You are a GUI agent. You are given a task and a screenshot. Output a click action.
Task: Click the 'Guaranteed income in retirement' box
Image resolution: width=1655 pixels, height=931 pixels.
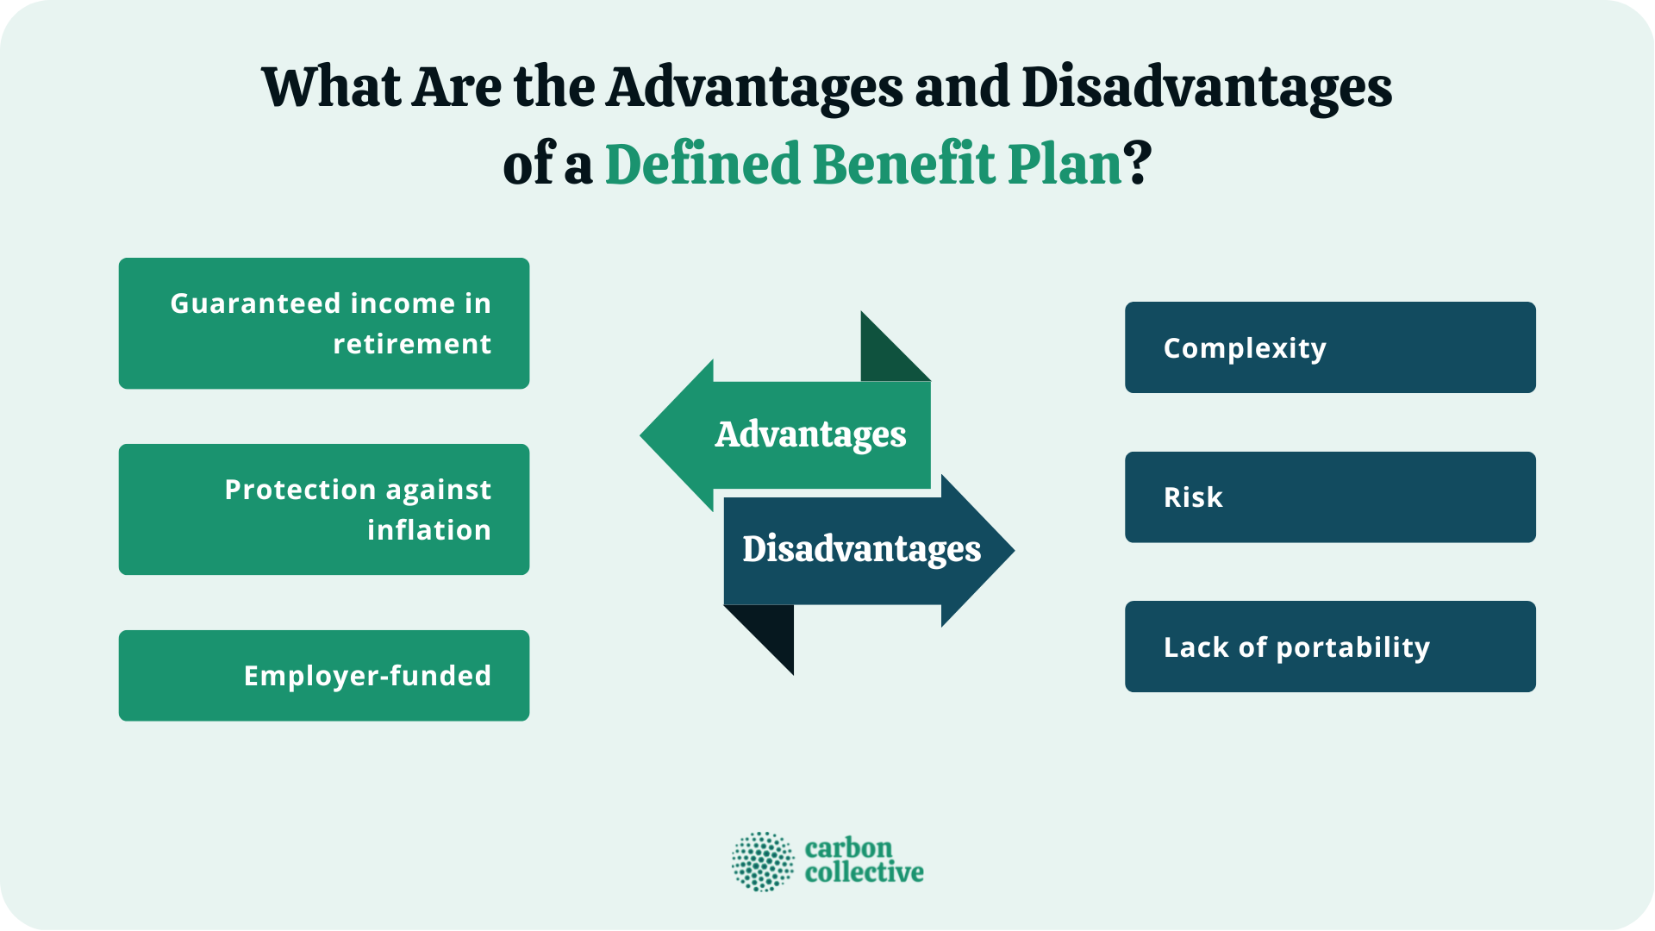(x=323, y=323)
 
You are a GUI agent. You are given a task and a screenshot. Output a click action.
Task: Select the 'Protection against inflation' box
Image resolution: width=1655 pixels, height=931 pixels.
(x=323, y=509)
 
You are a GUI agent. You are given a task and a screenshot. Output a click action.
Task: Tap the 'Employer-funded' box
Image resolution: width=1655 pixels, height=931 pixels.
(x=323, y=676)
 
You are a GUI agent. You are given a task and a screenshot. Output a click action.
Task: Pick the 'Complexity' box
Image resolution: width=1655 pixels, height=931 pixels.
(x=1330, y=347)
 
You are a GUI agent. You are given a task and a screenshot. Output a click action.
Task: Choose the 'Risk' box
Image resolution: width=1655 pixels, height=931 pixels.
(x=1330, y=497)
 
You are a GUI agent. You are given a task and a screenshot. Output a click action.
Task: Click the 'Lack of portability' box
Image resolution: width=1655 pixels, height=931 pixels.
(x=1330, y=647)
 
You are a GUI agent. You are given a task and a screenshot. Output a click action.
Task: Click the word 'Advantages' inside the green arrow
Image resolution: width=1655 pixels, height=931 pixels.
(x=810, y=434)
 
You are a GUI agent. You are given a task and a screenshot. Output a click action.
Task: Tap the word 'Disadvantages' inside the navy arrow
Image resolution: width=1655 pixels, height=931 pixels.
(x=861, y=549)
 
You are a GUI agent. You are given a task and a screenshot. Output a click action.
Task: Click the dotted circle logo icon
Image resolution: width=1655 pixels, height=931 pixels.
(x=763, y=861)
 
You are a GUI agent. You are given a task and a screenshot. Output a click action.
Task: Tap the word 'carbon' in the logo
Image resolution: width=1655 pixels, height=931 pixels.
(x=848, y=848)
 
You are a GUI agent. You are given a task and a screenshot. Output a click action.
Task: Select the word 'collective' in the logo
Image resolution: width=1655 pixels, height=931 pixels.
(x=864, y=872)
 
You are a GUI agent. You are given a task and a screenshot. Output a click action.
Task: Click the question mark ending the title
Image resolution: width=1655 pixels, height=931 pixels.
(x=1139, y=164)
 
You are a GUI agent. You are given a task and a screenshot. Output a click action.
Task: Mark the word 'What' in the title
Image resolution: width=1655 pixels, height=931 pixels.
(x=331, y=88)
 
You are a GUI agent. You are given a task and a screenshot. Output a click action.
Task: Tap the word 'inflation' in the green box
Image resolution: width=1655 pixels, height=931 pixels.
(x=428, y=530)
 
